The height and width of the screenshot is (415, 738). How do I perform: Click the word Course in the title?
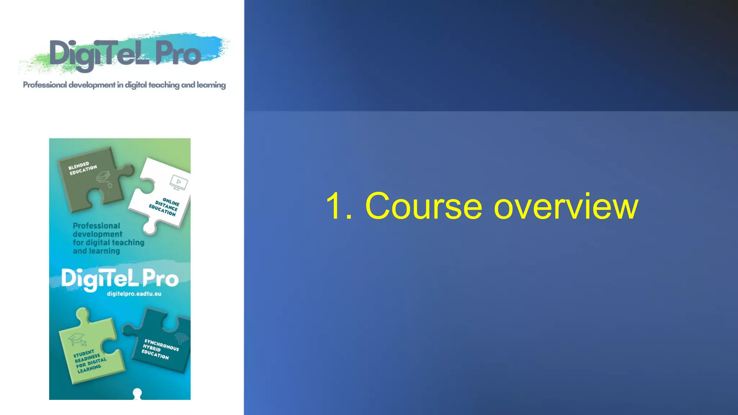click(x=423, y=206)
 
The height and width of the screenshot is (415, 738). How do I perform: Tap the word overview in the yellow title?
click(x=566, y=206)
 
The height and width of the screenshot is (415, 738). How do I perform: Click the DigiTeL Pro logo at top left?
click(x=124, y=54)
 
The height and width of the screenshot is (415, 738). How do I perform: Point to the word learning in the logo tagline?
click(x=211, y=85)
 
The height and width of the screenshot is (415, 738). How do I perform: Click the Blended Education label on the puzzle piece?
click(x=83, y=168)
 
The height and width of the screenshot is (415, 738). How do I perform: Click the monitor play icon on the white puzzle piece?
click(x=179, y=182)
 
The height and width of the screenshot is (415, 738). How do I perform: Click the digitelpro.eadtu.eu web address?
click(x=134, y=294)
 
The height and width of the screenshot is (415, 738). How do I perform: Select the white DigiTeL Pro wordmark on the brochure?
click(x=120, y=279)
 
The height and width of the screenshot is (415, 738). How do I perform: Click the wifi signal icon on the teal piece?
click(x=181, y=338)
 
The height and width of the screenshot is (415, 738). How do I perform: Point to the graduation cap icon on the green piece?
click(x=78, y=339)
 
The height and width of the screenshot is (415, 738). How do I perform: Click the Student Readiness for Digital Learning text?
click(x=90, y=361)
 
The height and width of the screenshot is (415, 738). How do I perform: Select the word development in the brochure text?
click(x=98, y=234)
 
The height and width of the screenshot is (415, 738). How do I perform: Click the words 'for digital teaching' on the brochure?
click(x=108, y=242)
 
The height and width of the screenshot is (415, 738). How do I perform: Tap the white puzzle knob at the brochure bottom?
click(x=137, y=393)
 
